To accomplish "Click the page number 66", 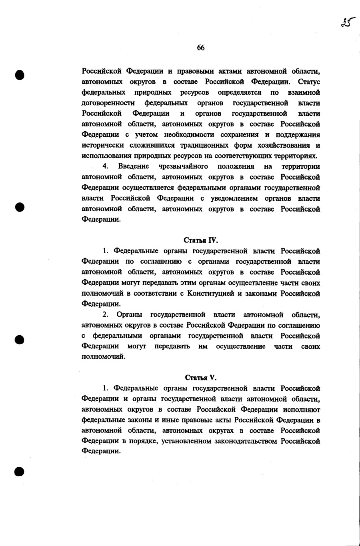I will (x=200, y=48).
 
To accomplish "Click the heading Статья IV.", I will (x=200, y=240).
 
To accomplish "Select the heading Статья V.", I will (x=200, y=378).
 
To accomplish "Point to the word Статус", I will (x=309, y=82).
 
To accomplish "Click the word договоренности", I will (x=108, y=103).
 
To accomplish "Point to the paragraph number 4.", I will (x=106, y=166).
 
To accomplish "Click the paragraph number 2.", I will (x=106, y=315).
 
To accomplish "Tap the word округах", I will (x=221, y=431).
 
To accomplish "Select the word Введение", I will (x=134, y=166).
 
